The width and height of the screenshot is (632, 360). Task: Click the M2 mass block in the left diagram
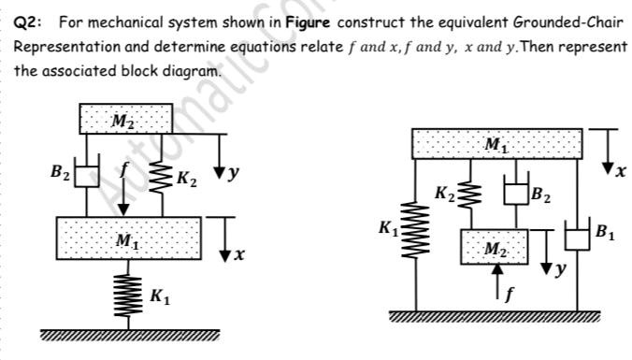(123, 119)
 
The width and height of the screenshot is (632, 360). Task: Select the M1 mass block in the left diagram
(128, 237)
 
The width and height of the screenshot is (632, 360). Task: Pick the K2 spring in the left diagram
(158, 174)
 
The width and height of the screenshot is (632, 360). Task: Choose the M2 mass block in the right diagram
(496, 245)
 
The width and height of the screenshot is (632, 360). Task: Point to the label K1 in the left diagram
(159, 298)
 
